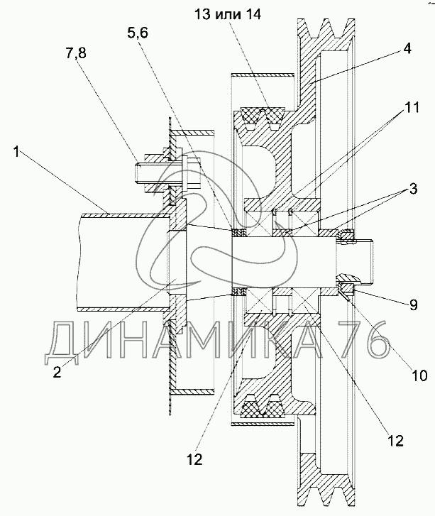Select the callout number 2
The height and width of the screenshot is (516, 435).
[57, 372]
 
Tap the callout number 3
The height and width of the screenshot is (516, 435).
[413, 189]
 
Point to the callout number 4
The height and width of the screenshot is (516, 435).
[407, 49]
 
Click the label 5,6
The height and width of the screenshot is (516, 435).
[138, 33]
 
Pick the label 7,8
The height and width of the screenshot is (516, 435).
[76, 53]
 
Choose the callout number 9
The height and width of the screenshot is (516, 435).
[413, 304]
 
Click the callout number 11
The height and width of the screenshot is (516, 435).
[412, 107]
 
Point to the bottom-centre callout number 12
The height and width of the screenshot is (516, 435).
[196, 459]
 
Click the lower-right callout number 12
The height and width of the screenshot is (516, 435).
[395, 441]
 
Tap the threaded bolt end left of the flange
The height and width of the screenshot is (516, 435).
[141, 174]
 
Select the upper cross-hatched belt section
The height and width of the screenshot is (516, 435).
[263, 117]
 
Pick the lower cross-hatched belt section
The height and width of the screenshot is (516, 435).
[263, 407]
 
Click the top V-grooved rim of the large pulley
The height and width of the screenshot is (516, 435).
[326, 33]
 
